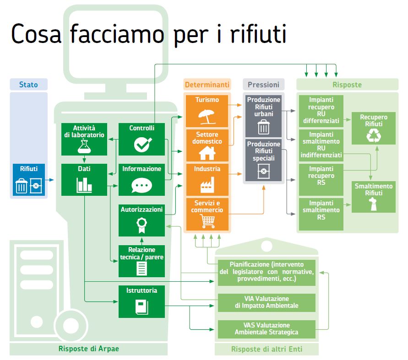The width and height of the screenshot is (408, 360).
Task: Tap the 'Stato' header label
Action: (x=28, y=85)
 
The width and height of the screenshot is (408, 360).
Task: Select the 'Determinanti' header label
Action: (x=207, y=85)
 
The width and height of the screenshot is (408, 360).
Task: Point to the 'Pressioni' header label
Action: (x=263, y=85)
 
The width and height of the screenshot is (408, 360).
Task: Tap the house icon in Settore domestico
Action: (x=207, y=152)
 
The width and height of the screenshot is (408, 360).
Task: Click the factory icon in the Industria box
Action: (x=207, y=185)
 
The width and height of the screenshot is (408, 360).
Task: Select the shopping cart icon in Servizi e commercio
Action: (x=207, y=221)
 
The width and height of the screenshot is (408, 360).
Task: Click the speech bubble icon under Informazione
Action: (x=141, y=184)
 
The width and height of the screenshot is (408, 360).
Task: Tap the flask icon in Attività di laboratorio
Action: (x=84, y=146)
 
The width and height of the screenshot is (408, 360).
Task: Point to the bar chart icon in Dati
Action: (x=84, y=184)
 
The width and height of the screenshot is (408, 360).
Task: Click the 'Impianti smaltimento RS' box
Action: (x=320, y=214)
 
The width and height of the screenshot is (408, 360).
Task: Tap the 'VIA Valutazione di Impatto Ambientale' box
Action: (x=266, y=302)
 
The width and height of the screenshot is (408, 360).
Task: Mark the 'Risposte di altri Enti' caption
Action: (x=267, y=349)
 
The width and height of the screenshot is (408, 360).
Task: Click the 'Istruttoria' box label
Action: (x=141, y=290)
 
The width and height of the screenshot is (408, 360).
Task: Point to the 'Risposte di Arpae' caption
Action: (x=89, y=349)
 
